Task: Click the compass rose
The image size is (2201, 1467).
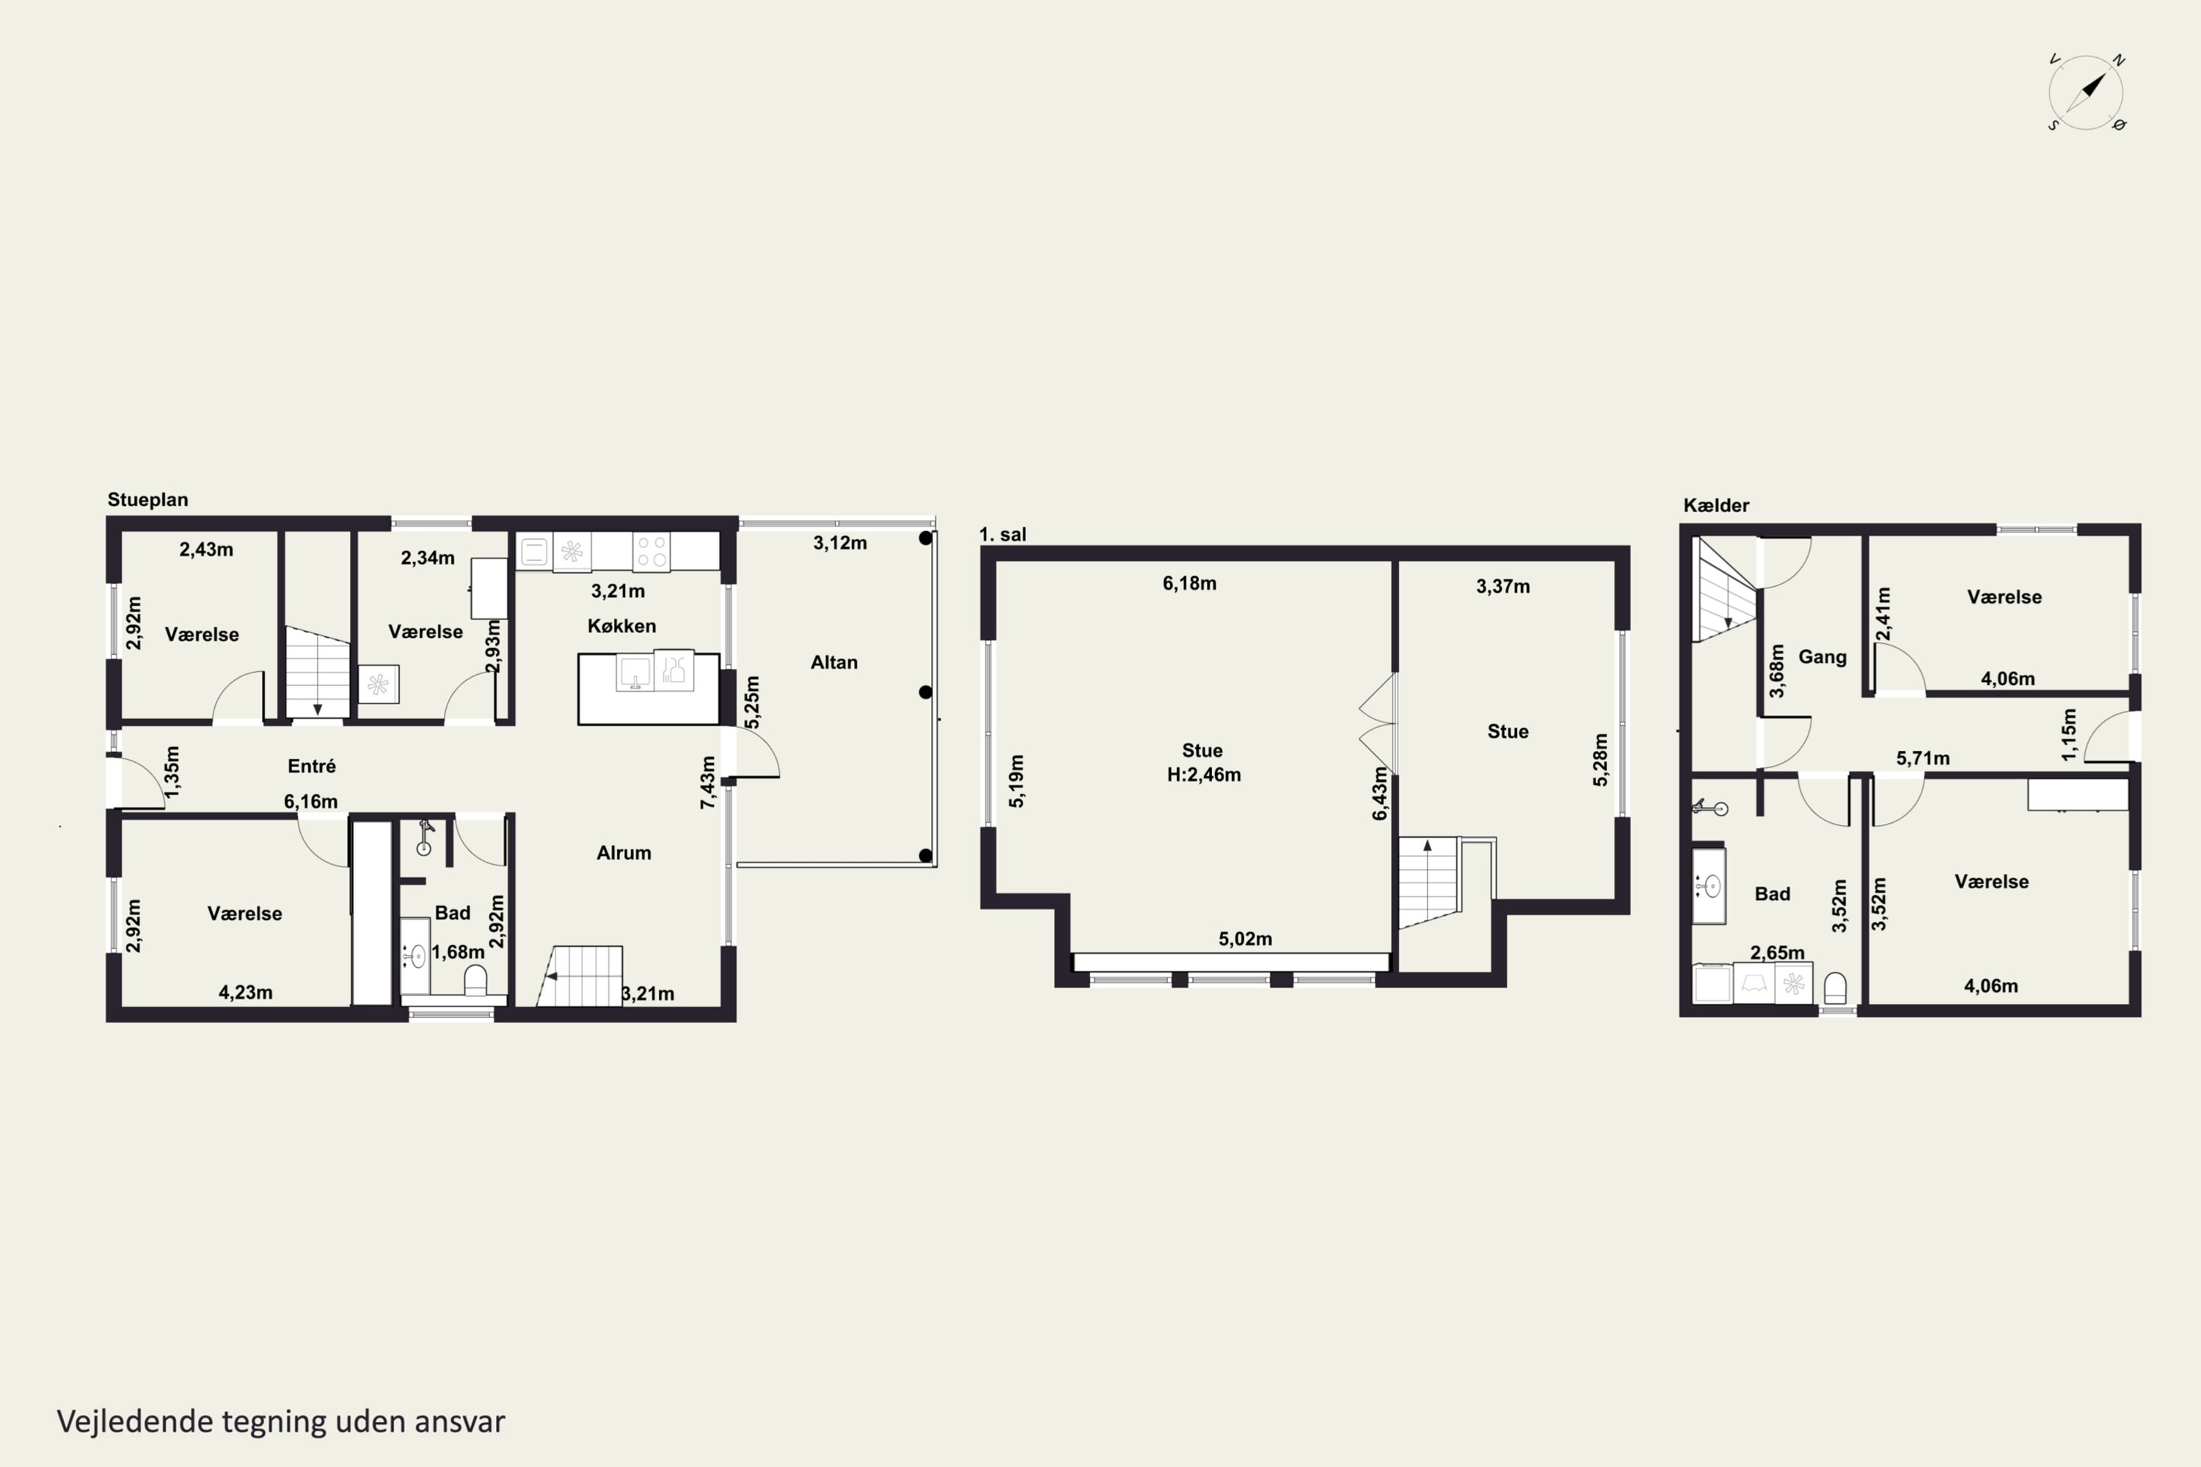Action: click(2086, 92)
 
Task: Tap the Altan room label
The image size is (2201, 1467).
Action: click(833, 662)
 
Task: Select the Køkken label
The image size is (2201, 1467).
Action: click(621, 626)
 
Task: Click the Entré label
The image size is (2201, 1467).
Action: click(312, 767)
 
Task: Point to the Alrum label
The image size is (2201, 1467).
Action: click(624, 852)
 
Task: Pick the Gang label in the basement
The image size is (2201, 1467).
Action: click(1822, 656)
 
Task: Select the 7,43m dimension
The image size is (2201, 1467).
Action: click(709, 782)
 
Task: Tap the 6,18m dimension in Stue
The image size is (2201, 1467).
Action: click(1189, 584)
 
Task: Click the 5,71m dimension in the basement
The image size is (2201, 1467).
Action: click(1923, 758)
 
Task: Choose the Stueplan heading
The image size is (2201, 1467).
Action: click(148, 500)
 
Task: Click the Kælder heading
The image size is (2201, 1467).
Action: click(1716, 505)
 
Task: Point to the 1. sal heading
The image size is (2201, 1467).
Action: click(1002, 534)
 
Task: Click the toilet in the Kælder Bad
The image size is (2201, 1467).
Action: click(1835, 988)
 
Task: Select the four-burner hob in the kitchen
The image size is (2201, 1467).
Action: click(652, 551)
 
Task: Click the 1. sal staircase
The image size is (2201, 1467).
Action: click(1429, 882)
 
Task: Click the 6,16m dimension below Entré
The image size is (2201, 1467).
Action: click(310, 802)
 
